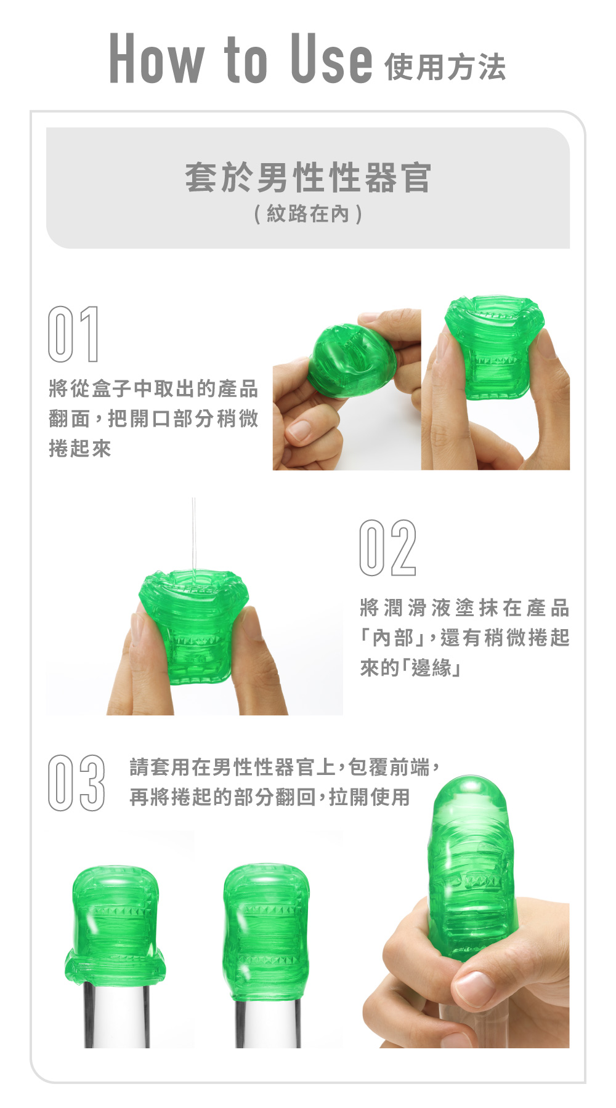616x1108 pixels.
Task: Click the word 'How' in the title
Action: coord(156,58)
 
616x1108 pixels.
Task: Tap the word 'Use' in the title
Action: coord(331,58)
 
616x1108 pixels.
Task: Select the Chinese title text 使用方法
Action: coord(445,67)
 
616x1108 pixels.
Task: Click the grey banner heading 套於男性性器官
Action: coord(308,177)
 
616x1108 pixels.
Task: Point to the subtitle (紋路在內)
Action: coord(308,214)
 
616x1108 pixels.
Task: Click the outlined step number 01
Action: coord(73,334)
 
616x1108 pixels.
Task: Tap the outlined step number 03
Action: coord(76,783)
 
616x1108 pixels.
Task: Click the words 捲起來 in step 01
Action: coord(80,449)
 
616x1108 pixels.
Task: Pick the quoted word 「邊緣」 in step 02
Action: coord(431,667)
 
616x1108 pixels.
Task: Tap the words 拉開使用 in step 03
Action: coord(370,797)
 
